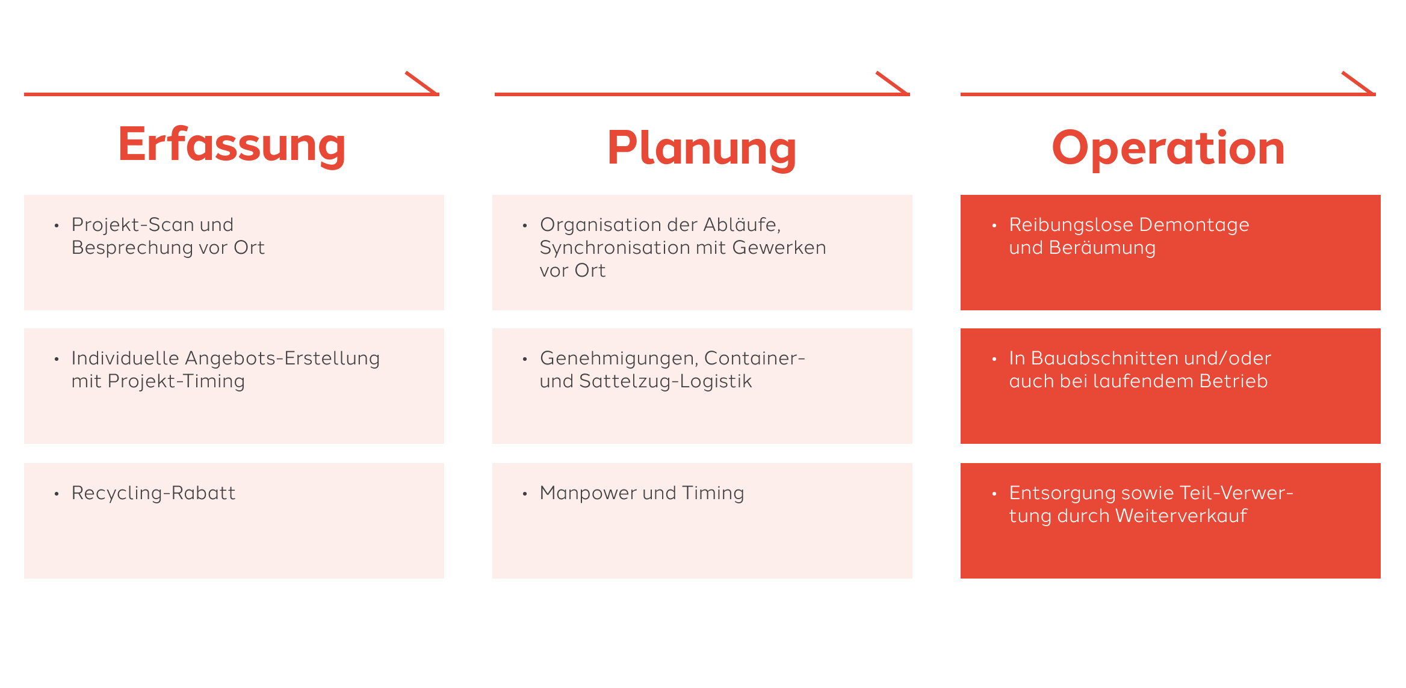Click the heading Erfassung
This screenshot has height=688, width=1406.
232,146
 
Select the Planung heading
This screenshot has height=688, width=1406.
702,149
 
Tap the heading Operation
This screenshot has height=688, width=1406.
1168,149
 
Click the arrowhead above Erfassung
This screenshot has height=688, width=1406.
421,83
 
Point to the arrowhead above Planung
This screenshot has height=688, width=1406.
892,83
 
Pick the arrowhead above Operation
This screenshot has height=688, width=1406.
1358,83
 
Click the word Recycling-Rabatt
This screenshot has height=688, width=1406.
153,493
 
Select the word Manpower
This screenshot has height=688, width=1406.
588,493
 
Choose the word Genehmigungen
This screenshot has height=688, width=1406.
619,359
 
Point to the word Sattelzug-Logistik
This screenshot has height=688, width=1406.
666,382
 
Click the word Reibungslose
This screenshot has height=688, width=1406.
1071,225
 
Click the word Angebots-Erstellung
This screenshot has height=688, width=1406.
282,359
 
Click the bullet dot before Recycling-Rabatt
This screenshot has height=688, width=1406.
57,494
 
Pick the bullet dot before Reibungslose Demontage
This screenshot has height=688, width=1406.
994,226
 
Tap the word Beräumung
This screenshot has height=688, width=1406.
1102,248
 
